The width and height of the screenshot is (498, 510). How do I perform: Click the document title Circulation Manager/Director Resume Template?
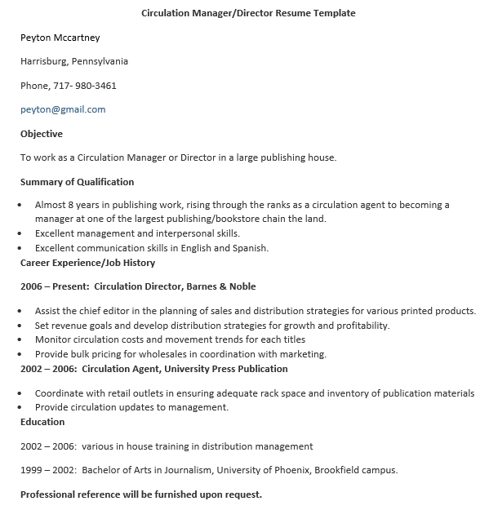coord(248,13)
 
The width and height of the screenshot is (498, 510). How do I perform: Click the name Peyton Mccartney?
coord(60,38)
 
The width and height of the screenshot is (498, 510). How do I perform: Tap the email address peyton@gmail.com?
coord(63,109)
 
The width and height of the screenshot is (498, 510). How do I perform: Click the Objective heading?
coord(42,134)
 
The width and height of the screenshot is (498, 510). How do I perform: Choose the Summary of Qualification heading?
coord(77,182)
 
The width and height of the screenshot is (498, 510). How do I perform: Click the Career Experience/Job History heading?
coord(87,263)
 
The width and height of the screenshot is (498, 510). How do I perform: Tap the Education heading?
coord(42,422)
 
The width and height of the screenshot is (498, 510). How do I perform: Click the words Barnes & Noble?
coord(220,286)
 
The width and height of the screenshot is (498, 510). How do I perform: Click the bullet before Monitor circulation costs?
coord(21,340)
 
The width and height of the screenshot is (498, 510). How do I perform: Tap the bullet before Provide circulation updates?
coord(21,408)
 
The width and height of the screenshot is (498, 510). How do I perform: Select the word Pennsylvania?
coord(100,61)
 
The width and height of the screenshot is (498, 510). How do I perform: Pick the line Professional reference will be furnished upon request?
coord(141,494)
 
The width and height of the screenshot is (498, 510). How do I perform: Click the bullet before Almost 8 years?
coord(21,206)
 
